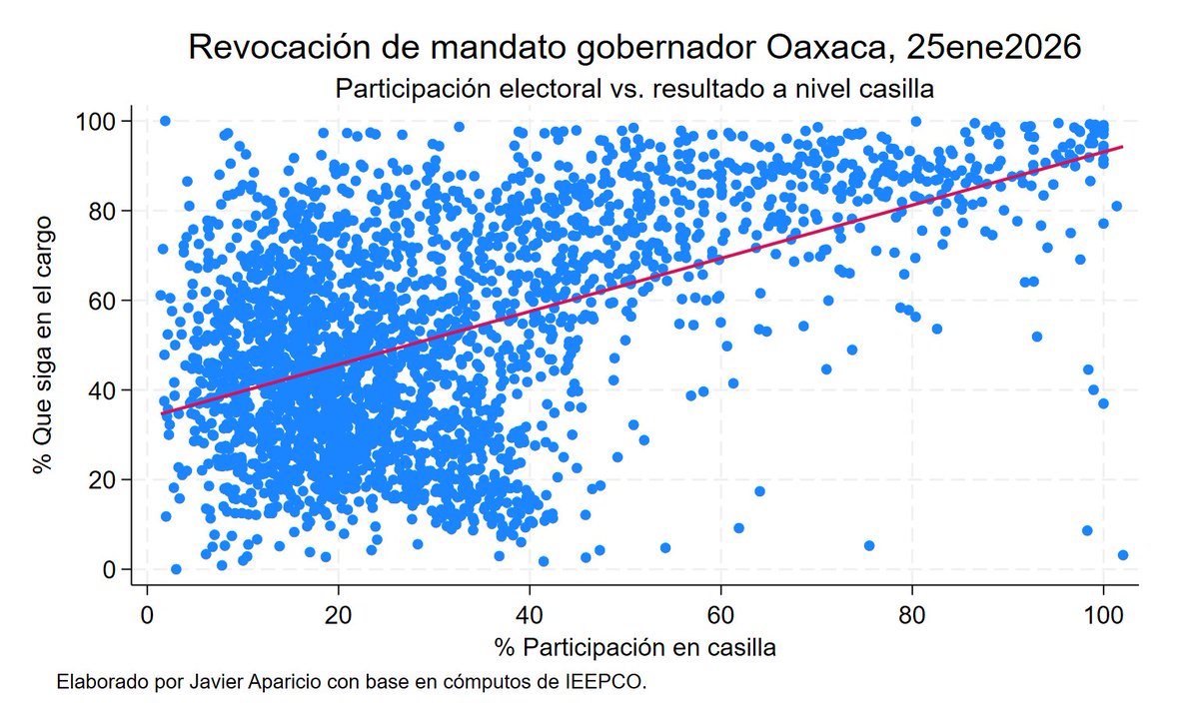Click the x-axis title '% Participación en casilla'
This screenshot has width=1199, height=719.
[634, 647]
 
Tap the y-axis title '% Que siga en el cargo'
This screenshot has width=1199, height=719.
[43, 345]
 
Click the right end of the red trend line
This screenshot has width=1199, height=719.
[1123, 147]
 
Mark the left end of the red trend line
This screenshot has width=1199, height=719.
[162, 413]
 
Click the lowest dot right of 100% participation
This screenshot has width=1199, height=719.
[1123, 555]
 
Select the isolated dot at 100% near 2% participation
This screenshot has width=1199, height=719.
[165, 121]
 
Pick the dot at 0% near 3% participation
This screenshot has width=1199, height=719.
[176, 569]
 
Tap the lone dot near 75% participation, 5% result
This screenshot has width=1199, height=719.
[869, 546]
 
